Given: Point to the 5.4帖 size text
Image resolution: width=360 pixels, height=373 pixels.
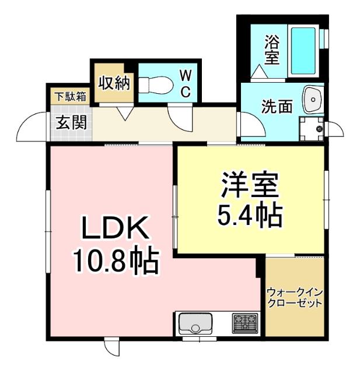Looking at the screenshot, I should pyautogui.click(x=250, y=216).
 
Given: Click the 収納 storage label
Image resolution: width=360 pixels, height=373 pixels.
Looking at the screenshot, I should pyautogui.click(x=113, y=83).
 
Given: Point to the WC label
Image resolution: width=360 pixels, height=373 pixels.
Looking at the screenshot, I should pyautogui.click(x=184, y=83).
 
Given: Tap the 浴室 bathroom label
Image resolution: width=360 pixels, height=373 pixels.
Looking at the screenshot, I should pyautogui.click(x=271, y=50).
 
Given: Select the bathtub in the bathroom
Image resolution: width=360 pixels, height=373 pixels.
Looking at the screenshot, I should pyautogui.click(x=303, y=51).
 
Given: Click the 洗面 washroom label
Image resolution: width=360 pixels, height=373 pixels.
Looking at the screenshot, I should pyautogui.click(x=276, y=107).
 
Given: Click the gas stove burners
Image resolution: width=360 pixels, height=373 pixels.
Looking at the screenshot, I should pyautogui.click(x=245, y=322).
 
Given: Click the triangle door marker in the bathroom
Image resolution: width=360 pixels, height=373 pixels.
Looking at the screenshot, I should pyautogui.click(x=258, y=72).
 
